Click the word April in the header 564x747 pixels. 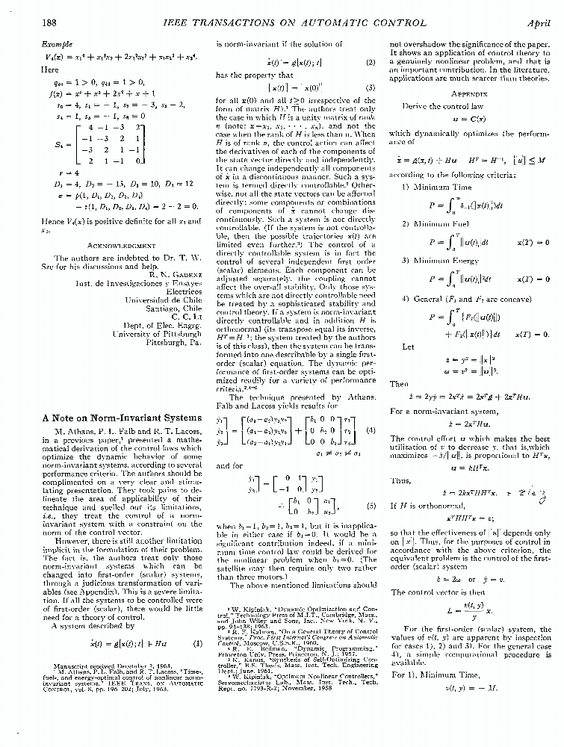coord(538,24)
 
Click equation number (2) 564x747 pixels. coord(371,62)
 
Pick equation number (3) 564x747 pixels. coord(371,87)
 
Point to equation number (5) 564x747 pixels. coord(371,506)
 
